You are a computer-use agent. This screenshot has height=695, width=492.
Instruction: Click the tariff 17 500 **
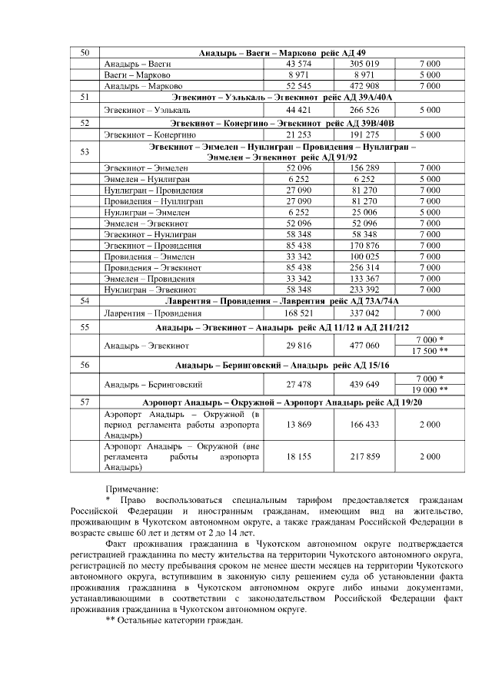tap(430, 351)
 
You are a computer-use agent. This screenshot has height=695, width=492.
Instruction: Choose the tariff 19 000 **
tap(430, 389)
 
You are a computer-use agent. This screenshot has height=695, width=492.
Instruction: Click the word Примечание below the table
tap(131, 488)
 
